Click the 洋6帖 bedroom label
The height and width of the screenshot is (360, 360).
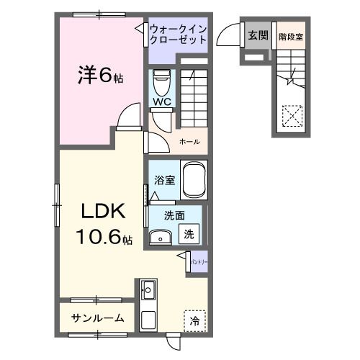pos(100,75)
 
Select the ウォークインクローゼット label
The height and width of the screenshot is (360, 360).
pos(179,35)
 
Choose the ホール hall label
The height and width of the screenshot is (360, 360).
pos(190,141)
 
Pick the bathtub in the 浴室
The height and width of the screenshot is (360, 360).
pos(194,179)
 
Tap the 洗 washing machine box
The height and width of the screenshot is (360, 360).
pos(188,233)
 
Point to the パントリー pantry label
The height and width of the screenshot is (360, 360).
pos(199,257)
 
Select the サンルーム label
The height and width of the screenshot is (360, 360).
pos(98,318)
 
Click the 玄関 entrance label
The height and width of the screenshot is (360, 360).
pos(257,35)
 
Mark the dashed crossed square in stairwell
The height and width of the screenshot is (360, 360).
pos(292,115)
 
